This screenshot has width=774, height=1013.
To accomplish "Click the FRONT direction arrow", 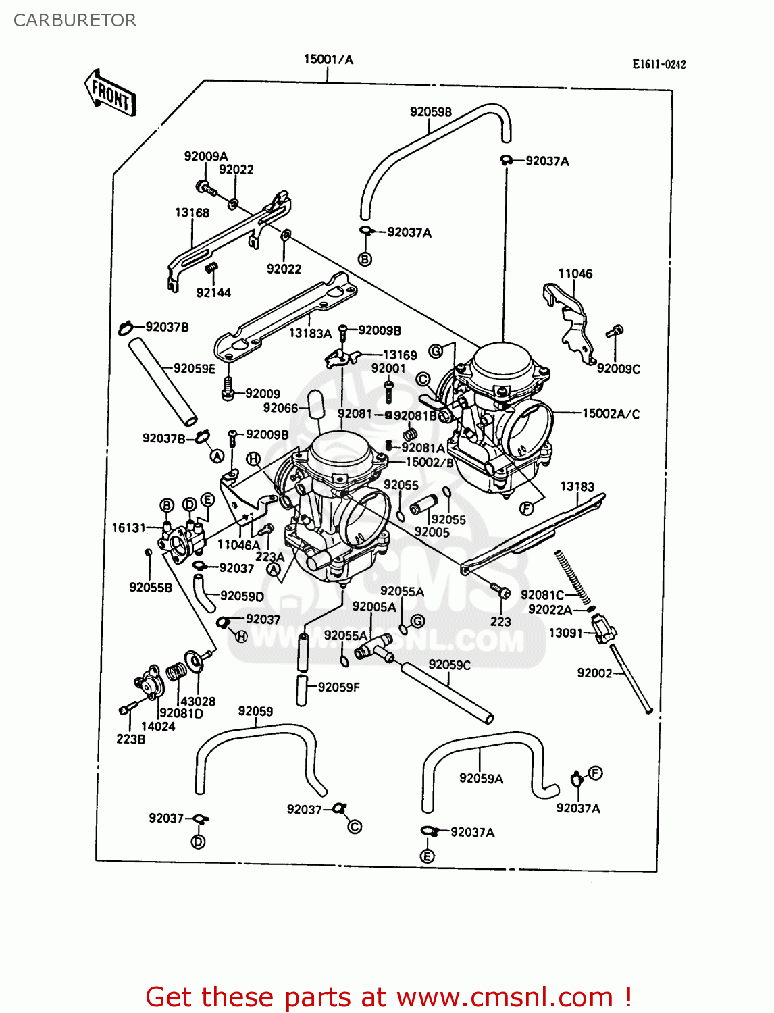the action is [x=111, y=93].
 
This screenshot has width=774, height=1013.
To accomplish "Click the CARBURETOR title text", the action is [x=75, y=20].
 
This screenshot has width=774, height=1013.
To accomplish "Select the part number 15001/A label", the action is [x=328, y=59].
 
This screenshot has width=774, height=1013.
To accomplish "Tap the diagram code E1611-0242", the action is [x=659, y=64].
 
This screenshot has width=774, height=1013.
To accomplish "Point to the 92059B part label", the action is [x=430, y=112].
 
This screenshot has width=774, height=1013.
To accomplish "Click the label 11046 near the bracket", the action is [x=575, y=274].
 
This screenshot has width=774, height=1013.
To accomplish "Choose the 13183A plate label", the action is [x=310, y=333].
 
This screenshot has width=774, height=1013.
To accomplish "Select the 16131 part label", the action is [x=128, y=527].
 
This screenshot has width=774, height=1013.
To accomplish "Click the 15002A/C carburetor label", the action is [x=611, y=413].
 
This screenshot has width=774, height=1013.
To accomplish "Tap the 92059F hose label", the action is [x=338, y=687].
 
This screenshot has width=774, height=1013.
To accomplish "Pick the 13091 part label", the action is [x=565, y=633].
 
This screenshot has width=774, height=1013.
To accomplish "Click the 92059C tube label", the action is [x=449, y=665].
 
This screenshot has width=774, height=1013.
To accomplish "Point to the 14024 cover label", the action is [x=158, y=727].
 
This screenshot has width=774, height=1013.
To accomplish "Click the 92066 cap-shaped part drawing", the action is [x=316, y=405].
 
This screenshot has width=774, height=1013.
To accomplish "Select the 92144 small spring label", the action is [x=213, y=292].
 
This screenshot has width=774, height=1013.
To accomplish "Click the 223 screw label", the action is [x=500, y=621].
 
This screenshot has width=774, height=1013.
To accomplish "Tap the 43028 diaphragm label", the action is [x=197, y=702].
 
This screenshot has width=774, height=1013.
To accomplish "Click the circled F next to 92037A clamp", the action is [x=595, y=773].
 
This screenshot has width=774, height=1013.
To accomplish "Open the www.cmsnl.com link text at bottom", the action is [x=505, y=997].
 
